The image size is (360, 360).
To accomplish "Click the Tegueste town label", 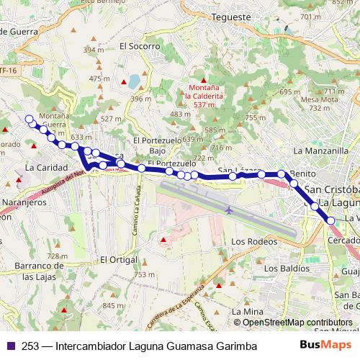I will coord(232,17).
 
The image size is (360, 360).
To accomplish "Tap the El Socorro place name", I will coord(139,45).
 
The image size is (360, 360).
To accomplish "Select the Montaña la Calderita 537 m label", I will coord(204,95).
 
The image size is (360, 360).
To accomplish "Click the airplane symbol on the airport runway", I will coord(229,210).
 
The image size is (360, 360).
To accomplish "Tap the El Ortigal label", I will coord(119,259).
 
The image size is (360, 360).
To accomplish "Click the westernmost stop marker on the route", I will coord(30,120).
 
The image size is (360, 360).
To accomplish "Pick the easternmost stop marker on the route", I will coord(330,220).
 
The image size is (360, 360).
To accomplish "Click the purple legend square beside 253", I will coord(10,346).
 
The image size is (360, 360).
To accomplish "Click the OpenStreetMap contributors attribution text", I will coord(297,323).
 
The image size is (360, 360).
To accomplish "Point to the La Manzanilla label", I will coord(321,151).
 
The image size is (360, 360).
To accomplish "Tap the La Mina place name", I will coord(245,311).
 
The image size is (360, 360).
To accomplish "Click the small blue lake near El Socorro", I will coord(135,81).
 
